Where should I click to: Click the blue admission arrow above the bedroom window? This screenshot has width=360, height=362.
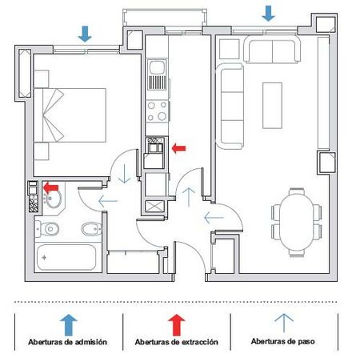pyautogui.click(x=85, y=34)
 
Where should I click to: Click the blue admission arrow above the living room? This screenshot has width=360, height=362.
pyautogui.click(x=269, y=14)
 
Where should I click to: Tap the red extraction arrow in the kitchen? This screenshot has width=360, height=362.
pyautogui.click(x=178, y=148)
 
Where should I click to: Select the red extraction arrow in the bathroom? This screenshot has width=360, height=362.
pyautogui.click(x=50, y=187)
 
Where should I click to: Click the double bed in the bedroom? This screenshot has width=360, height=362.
pyautogui.click(x=70, y=115)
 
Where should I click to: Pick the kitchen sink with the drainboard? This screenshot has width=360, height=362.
pyautogui.click(x=158, y=75)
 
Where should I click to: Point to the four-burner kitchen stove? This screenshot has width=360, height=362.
pyautogui.click(x=158, y=111)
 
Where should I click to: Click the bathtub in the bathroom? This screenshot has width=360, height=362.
pyautogui.click(x=66, y=257)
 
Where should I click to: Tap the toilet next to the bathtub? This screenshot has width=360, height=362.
pyautogui.click(x=47, y=229)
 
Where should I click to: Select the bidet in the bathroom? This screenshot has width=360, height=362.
pyautogui.click(x=91, y=229)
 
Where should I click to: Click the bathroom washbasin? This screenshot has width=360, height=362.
pyautogui.click(x=54, y=199)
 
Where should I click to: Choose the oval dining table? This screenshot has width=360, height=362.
pyautogui.click(x=296, y=223)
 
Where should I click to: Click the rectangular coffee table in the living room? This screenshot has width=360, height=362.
pyautogui.click(x=272, y=106)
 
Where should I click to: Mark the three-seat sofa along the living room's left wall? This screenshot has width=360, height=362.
pyautogui.click(x=230, y=106)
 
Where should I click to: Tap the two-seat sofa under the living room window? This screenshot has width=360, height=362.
pyautogui.click(x=272, y=50)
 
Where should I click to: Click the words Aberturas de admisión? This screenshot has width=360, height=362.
pyautogui.click(x=67, y=342)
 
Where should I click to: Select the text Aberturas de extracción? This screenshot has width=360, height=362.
pyautogui.click(x=176, y=342)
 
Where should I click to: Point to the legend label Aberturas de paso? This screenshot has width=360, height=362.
pyautogui.click(x=283, y=341)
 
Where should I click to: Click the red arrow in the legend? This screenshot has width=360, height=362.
pyautogui.click(x=176, y=324)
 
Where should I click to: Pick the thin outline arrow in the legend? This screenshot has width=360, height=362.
pyautogui.click(x=284, y=323)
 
